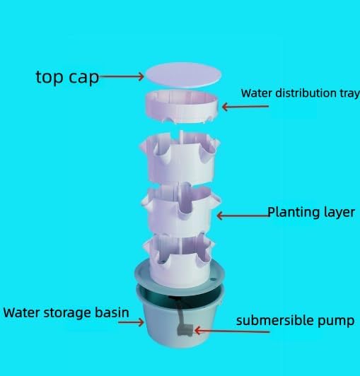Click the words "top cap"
[x=67, y=77]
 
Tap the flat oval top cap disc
[x=184, y=75]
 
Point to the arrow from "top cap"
[x=122, y=76]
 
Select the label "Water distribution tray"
[x=301, y=93]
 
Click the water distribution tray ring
[x=182, y=107]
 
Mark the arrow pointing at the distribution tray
[x=245, y=107]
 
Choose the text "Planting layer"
[x=311, y=213]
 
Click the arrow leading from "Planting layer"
[x=243, y=216]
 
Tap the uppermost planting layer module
[x=180, y=157]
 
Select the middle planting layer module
[x=180, y=208]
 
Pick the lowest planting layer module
[x=179, y=259]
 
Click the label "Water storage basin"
[x=66, y=312]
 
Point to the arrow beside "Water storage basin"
[x=131, y=322]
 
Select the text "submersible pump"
[x=295, y=321]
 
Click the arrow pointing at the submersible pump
[x=232, y=331]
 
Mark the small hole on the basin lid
[x=212, y=279]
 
